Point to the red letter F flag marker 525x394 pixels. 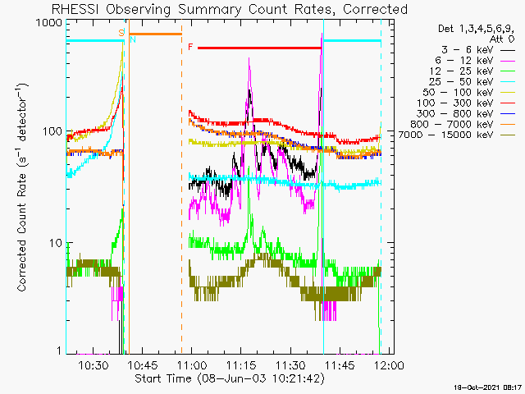point(190,47)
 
